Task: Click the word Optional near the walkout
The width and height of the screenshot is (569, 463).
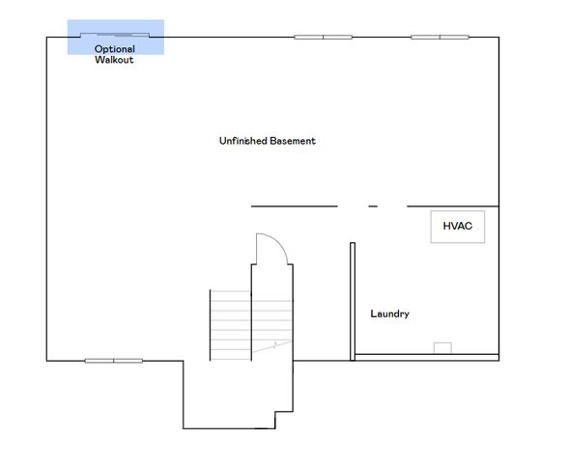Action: pos(115,48)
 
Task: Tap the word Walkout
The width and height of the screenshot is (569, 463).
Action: pos(114,60)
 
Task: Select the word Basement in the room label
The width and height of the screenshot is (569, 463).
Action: pos(293,141)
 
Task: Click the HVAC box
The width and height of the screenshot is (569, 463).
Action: pos(457,227)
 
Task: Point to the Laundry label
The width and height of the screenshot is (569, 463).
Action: pos(390,313)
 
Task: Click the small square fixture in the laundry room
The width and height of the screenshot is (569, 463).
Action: pos(442,348)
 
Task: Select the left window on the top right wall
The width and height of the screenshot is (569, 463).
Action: pos(323,38)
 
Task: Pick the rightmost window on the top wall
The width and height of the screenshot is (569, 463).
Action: pos(440,38)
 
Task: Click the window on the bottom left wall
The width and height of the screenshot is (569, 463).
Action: pos(113,361)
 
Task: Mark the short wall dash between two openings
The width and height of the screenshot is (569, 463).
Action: pos(373,206)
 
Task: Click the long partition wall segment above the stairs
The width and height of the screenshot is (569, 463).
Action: pos(294,206)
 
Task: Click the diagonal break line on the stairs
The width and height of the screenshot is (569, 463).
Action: pos(274,344)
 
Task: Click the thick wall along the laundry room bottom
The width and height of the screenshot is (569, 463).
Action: pos(426,358)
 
